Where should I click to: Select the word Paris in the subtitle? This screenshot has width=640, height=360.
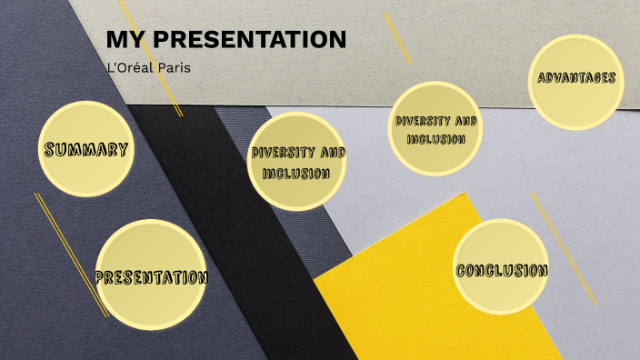coord(174,67)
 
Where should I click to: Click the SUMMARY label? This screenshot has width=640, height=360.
coord(85,150)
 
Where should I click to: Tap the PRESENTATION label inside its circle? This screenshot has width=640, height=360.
coord(152,277)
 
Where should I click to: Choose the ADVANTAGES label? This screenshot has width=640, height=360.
coord(576,78)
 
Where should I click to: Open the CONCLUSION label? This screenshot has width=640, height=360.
coord(502,271)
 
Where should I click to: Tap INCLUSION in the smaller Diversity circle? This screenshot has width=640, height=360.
coord(436,139)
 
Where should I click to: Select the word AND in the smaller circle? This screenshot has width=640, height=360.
coord(465,121)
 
